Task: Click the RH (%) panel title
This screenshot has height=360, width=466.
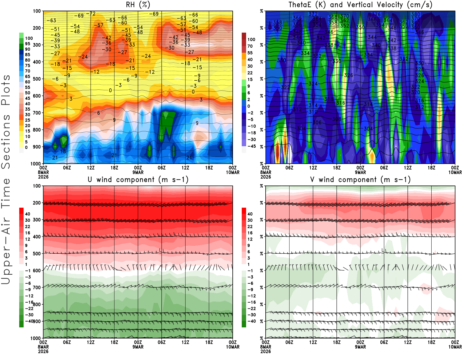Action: [138, 5]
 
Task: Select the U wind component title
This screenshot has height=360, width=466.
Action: [138, 180]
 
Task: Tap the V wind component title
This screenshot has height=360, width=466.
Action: [360, 180]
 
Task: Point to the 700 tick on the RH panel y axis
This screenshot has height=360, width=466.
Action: [37, 113]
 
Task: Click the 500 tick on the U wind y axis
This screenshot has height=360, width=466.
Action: [37, 254]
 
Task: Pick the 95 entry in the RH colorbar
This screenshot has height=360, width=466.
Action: [27, 44]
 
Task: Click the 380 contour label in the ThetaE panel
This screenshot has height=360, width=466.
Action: [416, 14]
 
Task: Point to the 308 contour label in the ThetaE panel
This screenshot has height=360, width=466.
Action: [337, 119]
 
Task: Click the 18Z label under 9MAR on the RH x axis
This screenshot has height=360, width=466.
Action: [209, 168]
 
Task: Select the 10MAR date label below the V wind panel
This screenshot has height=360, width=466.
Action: [455, 347]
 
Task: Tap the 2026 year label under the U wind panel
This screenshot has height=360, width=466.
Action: [43, 351]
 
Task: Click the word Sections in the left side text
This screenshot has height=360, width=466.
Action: [6, 141]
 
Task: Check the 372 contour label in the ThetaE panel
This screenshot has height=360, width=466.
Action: [313, 14]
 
